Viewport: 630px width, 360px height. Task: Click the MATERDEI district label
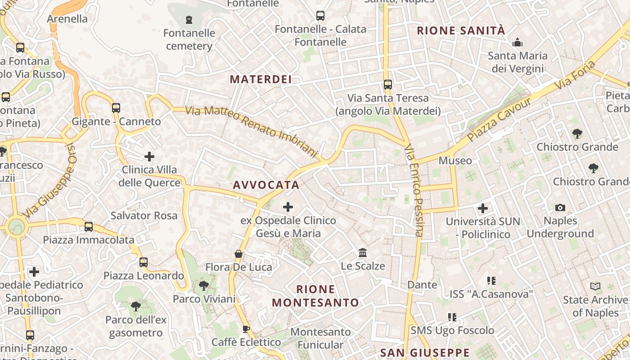[261, 80]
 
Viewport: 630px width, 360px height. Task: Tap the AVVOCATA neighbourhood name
[266, 185]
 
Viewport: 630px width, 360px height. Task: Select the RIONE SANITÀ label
[461, 31]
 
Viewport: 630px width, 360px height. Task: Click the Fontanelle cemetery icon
[189, 20]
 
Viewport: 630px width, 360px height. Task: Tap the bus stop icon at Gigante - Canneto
[116, 108]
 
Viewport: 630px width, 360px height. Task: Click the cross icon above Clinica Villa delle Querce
[149, 157]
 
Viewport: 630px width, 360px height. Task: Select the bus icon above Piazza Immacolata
[89, 227]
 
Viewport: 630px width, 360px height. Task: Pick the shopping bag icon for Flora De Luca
[238, 254]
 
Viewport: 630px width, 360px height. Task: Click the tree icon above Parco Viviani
[204, 286]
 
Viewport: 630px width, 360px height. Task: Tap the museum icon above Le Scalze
[363, 253]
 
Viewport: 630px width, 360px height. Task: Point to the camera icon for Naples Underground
[560, 207]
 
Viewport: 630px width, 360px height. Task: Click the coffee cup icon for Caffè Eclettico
[246, 329]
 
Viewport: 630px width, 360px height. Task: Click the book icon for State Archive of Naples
[595, 287]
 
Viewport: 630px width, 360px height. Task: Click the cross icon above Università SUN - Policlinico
[483, 208]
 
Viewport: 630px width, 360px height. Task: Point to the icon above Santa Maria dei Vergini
[517, 43]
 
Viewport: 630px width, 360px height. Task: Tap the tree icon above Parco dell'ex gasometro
[136, 307]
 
